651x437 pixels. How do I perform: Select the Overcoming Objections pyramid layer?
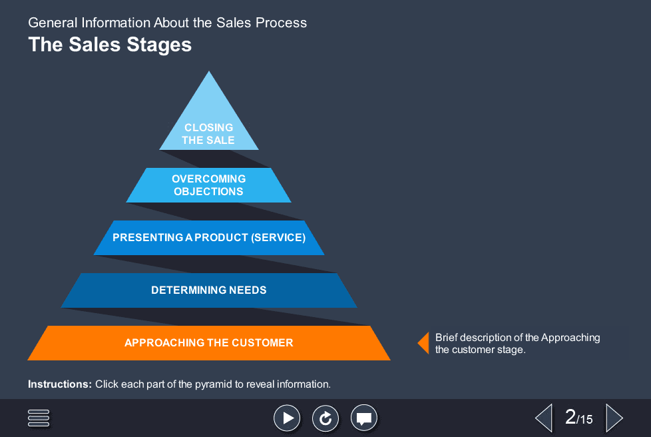pos(208,185)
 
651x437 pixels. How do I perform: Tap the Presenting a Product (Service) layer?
pos(208,238)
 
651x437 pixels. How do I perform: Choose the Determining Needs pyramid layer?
pos(208,290)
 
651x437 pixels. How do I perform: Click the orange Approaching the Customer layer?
pos(208,343)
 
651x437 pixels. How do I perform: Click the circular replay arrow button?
pos(325,418)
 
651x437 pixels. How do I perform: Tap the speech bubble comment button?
pos(363,418)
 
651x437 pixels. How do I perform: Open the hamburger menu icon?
pos(39,418)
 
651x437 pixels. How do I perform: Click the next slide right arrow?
pos(614,418)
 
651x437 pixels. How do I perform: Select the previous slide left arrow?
pos(544,418)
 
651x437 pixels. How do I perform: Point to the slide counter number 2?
pos(570,417)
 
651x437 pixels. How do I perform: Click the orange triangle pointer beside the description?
pos(423,342)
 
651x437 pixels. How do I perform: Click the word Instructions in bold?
pos(59,384)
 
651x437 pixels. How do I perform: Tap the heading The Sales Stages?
pos(110,45)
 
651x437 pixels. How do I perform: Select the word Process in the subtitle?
pos(284,23)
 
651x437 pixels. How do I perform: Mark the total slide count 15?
pos(585,420)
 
